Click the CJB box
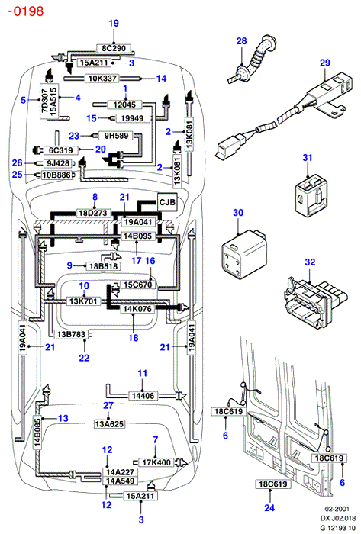167,203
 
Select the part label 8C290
114,48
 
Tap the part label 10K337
102,79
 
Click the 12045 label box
124,105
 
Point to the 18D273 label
93,213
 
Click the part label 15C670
137,285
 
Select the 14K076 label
137,309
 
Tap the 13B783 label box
71,334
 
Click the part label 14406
143,396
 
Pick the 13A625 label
109,424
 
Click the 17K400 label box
156,462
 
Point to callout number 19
114,23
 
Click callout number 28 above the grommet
241,41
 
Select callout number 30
238,213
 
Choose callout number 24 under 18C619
269,508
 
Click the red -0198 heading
26,11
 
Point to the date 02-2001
337,509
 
